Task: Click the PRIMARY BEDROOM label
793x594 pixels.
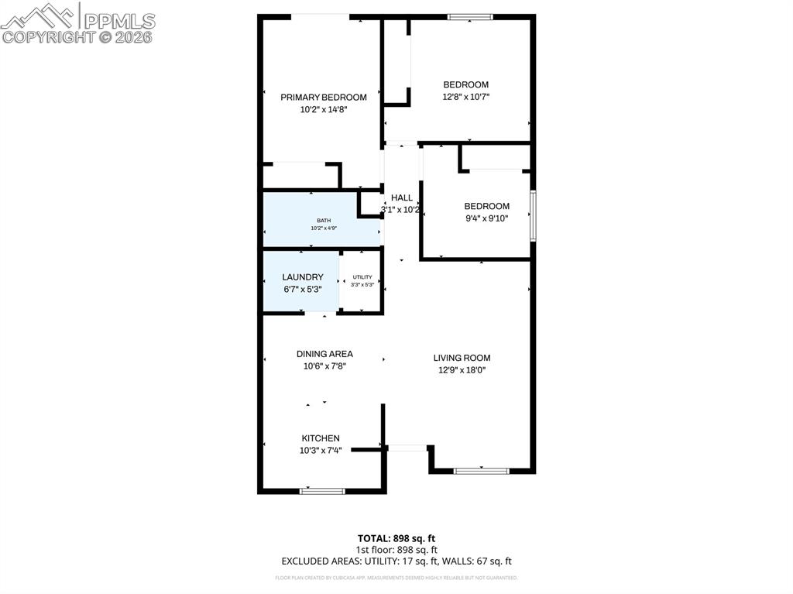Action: tap(323, 97)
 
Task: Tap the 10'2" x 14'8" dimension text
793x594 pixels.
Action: tap(323, 110)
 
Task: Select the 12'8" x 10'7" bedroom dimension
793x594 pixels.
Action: tap(465, 97)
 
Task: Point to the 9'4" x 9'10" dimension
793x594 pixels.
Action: tap(486, 218)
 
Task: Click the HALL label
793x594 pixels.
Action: tap(401, 197)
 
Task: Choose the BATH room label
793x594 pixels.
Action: tap(323, 221)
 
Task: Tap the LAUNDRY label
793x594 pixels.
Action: tap(302, 276)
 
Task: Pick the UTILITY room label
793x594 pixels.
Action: tap(362, 276)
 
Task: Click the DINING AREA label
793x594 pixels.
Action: tap(324, 354)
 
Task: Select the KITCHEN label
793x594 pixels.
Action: tap(321, 438)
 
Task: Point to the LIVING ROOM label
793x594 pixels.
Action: tap(462, 358)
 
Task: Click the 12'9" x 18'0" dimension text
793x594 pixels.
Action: tap(462, 370)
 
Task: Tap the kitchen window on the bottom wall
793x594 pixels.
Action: tap(322, 490)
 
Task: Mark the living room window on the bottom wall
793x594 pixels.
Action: tap(481, 470)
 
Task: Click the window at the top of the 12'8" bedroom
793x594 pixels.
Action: tap(470, 16)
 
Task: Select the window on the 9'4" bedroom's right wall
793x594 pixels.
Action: tap(533, 215)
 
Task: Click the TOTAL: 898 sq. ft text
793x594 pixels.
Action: tap(396, 538)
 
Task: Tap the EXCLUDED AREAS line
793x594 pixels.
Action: tap(396, 561)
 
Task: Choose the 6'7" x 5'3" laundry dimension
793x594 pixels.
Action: tap(302, 289)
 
